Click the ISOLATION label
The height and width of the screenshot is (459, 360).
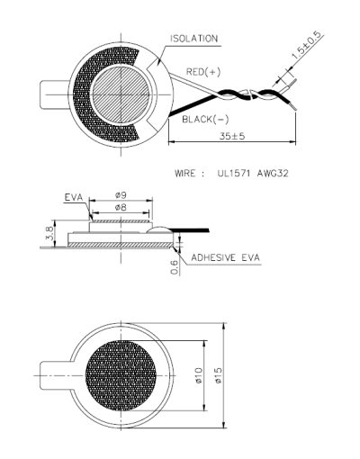point(193,38)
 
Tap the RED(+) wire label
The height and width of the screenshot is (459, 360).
point(203,70)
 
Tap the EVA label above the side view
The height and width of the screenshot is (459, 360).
point(76,195)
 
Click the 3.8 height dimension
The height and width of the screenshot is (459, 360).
point(35,237)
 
